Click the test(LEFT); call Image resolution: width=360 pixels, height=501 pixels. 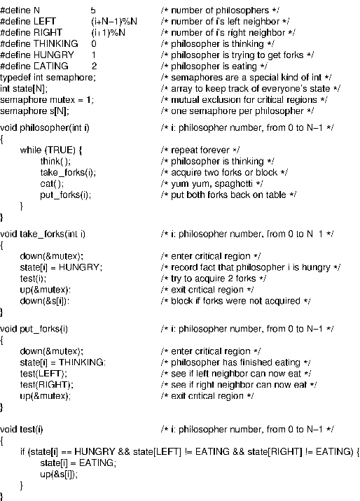[x=43, y=374]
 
